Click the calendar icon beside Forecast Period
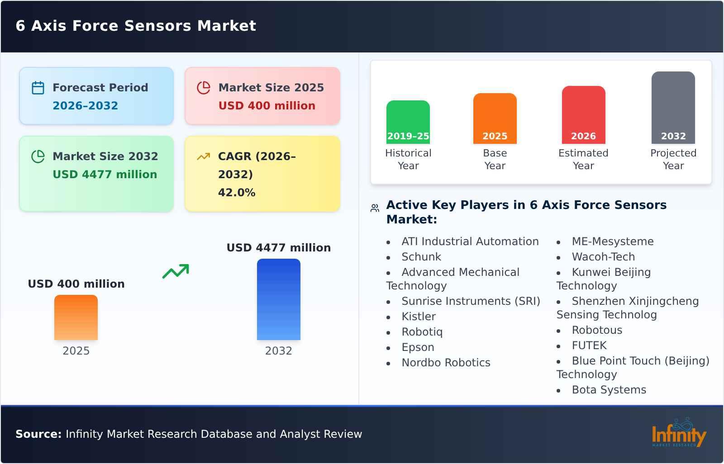38,88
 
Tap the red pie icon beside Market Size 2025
204,88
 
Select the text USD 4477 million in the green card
105,174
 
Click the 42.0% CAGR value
236,193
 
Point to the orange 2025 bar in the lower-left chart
76,317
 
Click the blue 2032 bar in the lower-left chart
278,299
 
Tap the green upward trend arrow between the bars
176,271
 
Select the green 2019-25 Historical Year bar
408,122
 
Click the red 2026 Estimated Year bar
583,115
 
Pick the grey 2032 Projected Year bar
673,108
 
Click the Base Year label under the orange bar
495,159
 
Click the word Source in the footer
38,434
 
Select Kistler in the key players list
419,317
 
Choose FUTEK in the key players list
589,346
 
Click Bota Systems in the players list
609,390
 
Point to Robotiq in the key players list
422,332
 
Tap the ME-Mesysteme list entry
612,241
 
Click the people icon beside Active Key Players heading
375,208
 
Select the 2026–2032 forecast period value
85,106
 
